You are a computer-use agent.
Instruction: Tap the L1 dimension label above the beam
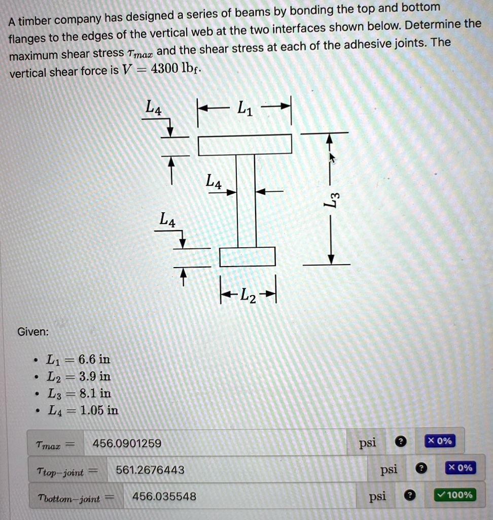click(245, 108)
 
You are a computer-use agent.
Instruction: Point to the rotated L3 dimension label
click(332, 199)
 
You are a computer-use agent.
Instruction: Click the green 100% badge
click(455, 495)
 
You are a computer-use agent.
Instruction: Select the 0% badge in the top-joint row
click(460, 468)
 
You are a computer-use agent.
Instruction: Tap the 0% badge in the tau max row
click(440, 441)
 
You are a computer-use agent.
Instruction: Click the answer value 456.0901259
click(127, 443)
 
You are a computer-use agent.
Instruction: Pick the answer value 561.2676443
click(150, 470)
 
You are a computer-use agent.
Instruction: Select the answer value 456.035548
click(164, 497)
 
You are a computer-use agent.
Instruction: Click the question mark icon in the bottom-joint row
click(410, 496)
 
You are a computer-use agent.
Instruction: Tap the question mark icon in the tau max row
click(401, 441)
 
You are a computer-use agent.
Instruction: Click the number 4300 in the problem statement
click(165, 69)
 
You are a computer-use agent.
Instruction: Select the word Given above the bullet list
click(33, 332)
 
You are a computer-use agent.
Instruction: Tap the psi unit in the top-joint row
click(389, 470)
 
